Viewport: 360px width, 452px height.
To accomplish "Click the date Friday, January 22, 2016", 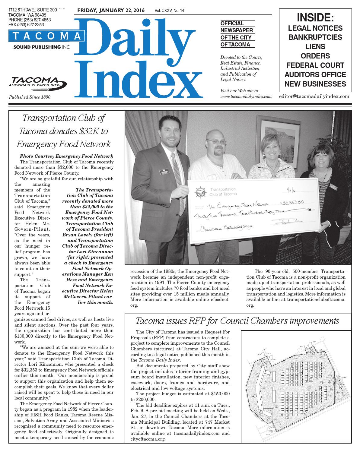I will pyautogui.click(x=111, y=11).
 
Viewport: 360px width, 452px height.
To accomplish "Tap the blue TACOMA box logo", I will pyautogui.click(x=47, y=36).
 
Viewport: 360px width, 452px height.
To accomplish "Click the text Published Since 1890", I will pyautogui.click(x=30, y=97).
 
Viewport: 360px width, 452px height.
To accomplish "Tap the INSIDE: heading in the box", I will pyautogui.click(x=315, y=18).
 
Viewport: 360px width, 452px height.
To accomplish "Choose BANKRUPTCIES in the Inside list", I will pyautogui.click(x=315, y=37).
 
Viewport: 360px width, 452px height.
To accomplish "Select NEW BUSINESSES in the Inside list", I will pyautogui.click(x=315, y=84).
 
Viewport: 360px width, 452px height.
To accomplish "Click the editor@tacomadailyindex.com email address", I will pyautogui.click(x=314, y=96).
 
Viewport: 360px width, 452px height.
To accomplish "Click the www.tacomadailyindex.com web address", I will pyautogui.click(x=246, y=96).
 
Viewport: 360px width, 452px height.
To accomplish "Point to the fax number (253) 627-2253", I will pyautogui.click(x=27, y=25).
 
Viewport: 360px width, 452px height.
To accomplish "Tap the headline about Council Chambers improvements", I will pyautogui.click(x=237, y=321).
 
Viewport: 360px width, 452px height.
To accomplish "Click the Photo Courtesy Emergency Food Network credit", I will pyautogui.click(x=66, y=156).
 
